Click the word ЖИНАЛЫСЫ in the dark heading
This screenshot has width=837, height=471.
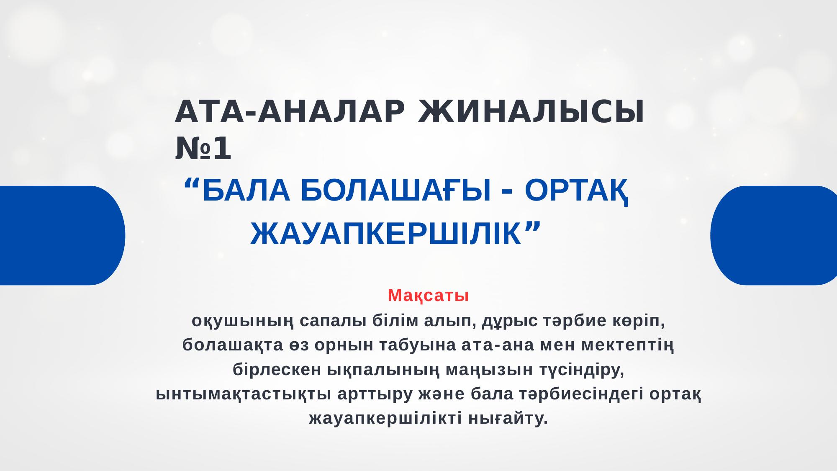(x=531, y=112)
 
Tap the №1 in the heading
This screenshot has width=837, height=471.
(x=203, y=149)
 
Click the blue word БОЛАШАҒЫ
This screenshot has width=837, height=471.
(x=395, y=190)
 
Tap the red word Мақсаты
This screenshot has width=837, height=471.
(x=428, y=296)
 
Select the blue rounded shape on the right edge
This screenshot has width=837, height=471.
(x=774, y=235)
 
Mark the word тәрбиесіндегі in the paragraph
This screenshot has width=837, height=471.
(x=581, y=394)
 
